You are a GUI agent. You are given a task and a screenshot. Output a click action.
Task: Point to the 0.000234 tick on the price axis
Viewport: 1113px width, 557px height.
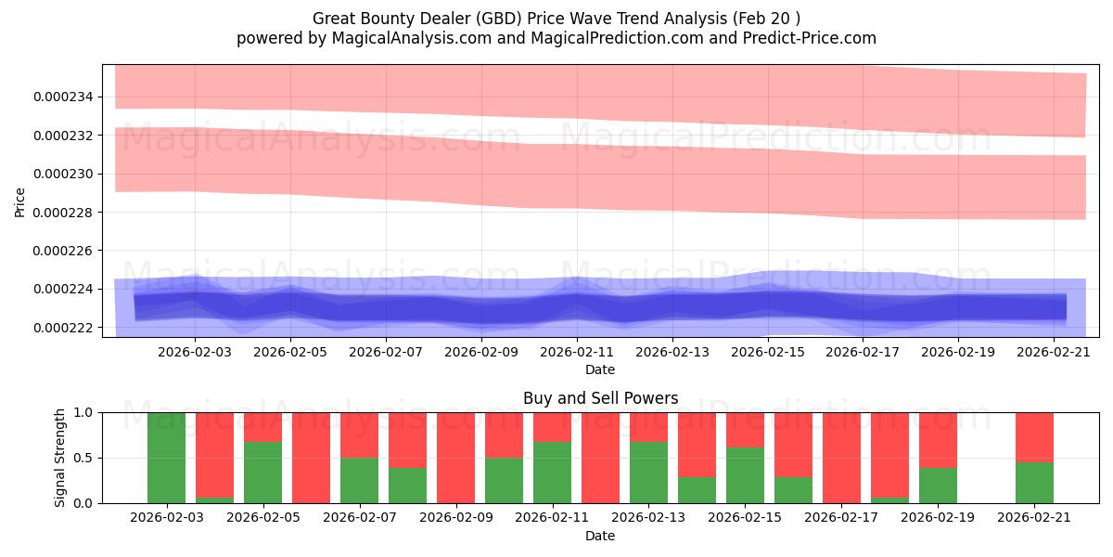pos(64,97)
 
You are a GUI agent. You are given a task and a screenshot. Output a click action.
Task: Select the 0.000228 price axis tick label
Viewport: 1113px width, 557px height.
pos(64,213)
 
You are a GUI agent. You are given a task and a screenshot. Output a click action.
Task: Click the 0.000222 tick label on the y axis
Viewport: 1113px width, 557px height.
pos(64,328)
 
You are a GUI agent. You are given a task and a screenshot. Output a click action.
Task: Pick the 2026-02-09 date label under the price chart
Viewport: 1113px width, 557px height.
pos(481,352)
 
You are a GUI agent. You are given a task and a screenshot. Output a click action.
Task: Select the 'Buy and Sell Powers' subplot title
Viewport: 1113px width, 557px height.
pos(600,398)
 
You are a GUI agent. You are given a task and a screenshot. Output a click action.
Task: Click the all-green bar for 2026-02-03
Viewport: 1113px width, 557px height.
pos(166,458)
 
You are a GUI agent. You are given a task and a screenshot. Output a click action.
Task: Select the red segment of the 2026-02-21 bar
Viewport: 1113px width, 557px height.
pos(1034,436)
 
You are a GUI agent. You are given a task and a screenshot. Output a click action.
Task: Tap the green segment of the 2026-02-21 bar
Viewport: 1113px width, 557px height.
pos(1034,483)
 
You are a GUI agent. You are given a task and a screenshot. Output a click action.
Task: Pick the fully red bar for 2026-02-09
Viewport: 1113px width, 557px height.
pos(455,458)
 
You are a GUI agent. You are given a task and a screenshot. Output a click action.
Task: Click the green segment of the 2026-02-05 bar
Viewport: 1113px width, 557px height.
pos(262,473)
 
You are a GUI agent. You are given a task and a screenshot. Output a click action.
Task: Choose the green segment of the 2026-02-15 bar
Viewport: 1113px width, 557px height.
pos(745,475)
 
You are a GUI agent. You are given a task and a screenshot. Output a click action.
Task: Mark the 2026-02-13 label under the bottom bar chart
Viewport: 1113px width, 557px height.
pos(648,516)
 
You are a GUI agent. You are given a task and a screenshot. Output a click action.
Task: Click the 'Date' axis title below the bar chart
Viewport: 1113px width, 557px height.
pos(600,536)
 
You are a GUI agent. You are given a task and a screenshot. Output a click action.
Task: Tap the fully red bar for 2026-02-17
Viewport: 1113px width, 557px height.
pos(841,458)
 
